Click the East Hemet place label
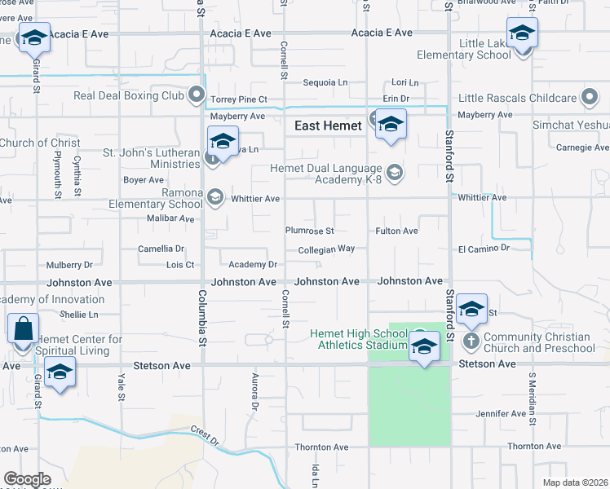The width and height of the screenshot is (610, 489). click(x=329, y=126)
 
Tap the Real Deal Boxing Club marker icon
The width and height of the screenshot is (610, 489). click(x=197, y=96)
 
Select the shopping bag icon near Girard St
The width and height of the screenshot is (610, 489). click(x=23, y=330)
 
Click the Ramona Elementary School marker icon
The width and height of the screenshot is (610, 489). click(x=215, y=196)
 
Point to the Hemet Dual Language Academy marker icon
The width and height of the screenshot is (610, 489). click(x=395, y=172)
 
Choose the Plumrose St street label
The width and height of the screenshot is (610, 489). click(x=309, y=231)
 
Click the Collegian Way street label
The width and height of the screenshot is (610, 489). click(x=326, y=250)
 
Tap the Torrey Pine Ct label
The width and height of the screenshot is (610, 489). click(x=239, y=99)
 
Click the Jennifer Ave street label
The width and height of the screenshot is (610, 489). click(x=501, y=414)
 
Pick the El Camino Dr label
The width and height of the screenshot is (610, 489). click(x=484, y=247)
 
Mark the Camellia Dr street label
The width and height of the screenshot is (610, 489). click(x=161, y=249)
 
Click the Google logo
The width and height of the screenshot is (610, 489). click(x=27, y=479)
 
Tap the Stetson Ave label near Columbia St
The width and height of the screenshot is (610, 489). click(x=164, y=366)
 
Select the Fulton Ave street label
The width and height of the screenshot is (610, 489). click(x=396, y=231)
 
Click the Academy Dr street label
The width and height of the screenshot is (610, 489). click(x=253, y=265)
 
